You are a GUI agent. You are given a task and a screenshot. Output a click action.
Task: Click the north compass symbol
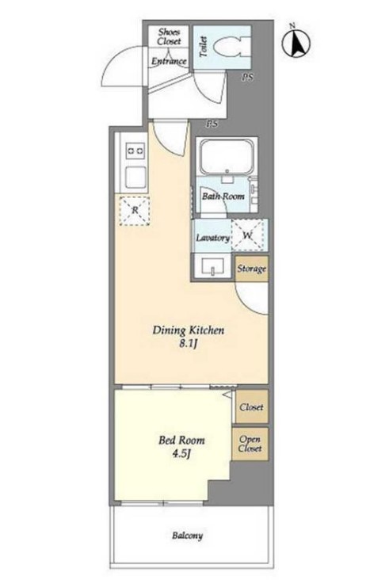(296, 43)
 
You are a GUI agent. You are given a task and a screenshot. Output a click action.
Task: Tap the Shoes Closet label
(169, 36)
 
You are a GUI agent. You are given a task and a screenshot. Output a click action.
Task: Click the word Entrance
(169, 61)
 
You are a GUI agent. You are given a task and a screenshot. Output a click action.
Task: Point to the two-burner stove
(135, 151)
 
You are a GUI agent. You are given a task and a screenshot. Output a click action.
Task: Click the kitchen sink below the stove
(135, 177)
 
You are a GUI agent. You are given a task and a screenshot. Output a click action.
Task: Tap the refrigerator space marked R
(135, 211)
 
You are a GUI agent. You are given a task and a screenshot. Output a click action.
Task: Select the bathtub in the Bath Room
(227, 156)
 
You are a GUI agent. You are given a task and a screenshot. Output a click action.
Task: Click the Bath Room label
(223, 196)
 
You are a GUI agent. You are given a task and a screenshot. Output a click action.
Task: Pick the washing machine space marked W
(248, 235)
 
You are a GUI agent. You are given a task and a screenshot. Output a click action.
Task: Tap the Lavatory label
(212, 238)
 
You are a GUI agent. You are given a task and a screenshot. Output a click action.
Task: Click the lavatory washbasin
(213, 266)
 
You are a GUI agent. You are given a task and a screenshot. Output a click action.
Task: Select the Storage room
(252, 269)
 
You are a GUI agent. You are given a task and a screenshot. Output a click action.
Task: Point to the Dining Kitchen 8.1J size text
(189, 344)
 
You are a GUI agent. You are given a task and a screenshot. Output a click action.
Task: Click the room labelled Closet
(252, 406)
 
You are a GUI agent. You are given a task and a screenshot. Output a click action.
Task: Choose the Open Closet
(250, 444)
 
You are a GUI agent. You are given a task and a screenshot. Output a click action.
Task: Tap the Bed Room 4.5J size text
(181, 453)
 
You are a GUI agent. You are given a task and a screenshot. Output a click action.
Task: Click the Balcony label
(188, 536)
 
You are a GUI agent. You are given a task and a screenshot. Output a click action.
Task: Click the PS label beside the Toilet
(248, 78)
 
